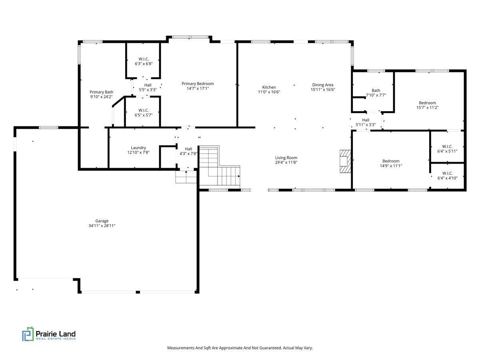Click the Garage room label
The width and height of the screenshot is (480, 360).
click(102, 221)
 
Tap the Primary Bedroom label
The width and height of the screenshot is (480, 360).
click(198, 84)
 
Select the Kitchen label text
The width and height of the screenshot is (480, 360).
click(269, 87)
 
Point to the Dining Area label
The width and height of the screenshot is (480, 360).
click(323, 85)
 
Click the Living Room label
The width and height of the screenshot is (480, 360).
click(286, 158)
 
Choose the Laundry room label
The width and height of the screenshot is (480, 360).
click(138, 148)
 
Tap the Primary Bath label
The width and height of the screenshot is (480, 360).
click(101, 92)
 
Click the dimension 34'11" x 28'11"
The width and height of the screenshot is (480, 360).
click(102, 226)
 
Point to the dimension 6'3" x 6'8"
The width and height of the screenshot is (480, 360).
click(144, 64)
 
